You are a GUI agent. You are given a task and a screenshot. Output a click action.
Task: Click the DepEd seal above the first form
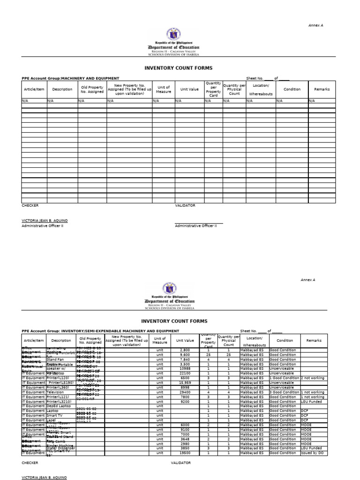[x=173, y=34]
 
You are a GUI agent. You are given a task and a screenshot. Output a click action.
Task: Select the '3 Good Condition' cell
[x=284, y=392]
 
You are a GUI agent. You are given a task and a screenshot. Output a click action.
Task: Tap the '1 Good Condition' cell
[x=284, y=378]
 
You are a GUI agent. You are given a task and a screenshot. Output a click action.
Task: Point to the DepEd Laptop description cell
[x=58, y=406]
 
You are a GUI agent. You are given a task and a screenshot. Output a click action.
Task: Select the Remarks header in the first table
[x=322, y=89]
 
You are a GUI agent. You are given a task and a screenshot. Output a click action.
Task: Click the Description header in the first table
[x=62, y=89]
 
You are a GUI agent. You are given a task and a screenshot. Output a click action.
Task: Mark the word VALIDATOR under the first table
[x=185, y=205]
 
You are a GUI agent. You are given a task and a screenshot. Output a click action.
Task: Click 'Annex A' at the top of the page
[x=315, y=25]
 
